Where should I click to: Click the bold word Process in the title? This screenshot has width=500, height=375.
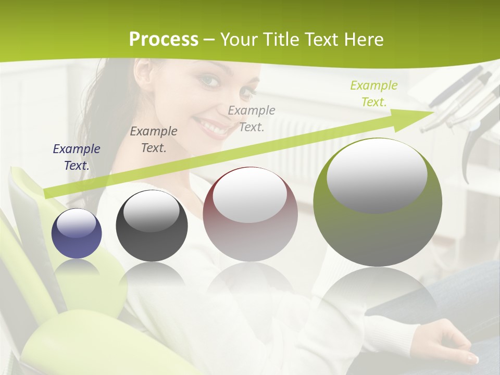point(164,39)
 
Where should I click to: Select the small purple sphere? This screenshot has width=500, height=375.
point(77,234)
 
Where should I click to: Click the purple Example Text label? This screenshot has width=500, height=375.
point(77,157)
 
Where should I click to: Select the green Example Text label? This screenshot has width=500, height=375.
point(373,93)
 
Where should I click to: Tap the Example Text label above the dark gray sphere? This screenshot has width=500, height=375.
point(154,139)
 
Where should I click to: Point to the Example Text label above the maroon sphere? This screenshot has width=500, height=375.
point(252,118)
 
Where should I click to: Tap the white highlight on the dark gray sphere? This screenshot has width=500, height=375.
point(152,211)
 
